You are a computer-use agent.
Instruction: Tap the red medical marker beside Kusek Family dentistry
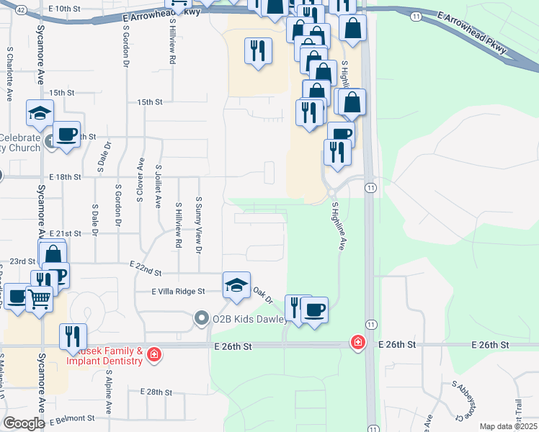tap(153, 354)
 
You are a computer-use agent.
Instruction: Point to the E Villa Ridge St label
tap(179, 292)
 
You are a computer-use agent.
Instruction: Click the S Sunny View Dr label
tap(198, 225)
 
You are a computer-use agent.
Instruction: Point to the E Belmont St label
tap(72, 418)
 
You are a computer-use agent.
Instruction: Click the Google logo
tap(24, 423)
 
